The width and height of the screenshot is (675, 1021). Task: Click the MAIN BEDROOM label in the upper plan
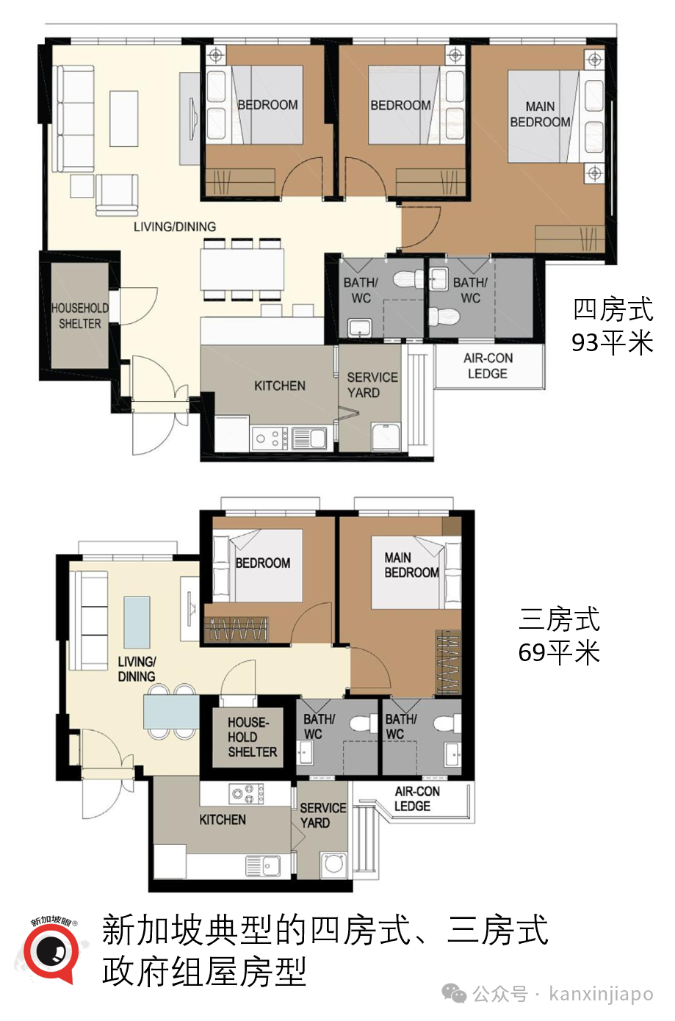(540, 115)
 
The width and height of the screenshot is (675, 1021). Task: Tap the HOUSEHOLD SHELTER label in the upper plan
(80, 316)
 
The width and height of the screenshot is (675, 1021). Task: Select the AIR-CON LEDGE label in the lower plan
(417, 798)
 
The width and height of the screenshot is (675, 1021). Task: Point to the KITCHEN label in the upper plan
(280, 386)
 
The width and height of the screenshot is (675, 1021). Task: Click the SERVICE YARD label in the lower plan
(323, 815)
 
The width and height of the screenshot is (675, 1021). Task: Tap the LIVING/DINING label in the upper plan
(175, 226)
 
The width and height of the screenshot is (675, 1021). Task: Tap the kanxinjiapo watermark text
(601, 994)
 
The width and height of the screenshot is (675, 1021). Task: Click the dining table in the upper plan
(242, 269)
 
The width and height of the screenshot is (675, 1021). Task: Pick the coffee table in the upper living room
(123, 118)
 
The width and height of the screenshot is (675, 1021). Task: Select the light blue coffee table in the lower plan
(137, 621)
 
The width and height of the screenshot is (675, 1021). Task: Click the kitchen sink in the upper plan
(309, 439)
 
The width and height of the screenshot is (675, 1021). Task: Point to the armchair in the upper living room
(117, 195)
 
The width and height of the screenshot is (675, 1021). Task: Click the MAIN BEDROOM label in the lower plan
(411, 565)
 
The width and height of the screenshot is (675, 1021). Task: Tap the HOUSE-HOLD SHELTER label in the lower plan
(252, 737)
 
